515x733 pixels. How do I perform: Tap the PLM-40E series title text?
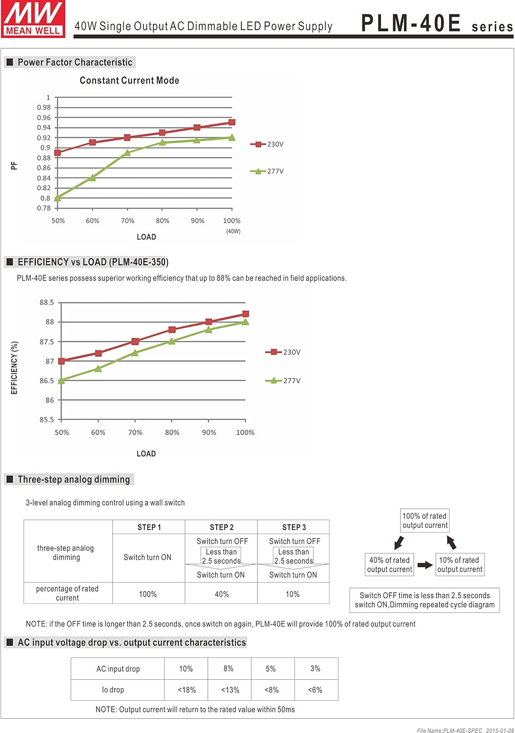click(x=436, y=23)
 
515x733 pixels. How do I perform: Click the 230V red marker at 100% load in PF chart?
click(x=232, y=122)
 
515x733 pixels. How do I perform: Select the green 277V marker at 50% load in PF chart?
click(x=58, y=198)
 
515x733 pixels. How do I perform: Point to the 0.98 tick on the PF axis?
click(x=44, y=108)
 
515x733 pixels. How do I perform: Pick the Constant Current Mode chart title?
click(x=129, y=81)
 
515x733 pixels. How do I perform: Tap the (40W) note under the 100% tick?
click(x=233, y=231)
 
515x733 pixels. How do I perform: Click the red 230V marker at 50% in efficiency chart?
click(x=62, y=361)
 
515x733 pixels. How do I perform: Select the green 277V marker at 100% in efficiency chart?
click(x=246, y=322)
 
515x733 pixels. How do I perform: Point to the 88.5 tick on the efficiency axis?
click(x=47, y=302)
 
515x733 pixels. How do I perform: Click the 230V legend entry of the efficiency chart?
click(x=284, y=352)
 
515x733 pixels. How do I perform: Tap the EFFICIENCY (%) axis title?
click(x=14, y=368)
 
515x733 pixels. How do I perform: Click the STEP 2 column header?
click(x=222, y=527)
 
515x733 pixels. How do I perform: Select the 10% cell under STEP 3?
click(x=293, y=594)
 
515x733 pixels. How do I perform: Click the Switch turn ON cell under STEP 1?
click(x=147, y=558)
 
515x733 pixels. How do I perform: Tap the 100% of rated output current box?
click(x=424, y=520)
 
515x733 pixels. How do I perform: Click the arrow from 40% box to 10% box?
click(x=425, y=565)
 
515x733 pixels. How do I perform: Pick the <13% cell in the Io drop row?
click(x=230, y=690)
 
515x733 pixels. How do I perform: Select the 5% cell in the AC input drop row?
click(x=271, y=668)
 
